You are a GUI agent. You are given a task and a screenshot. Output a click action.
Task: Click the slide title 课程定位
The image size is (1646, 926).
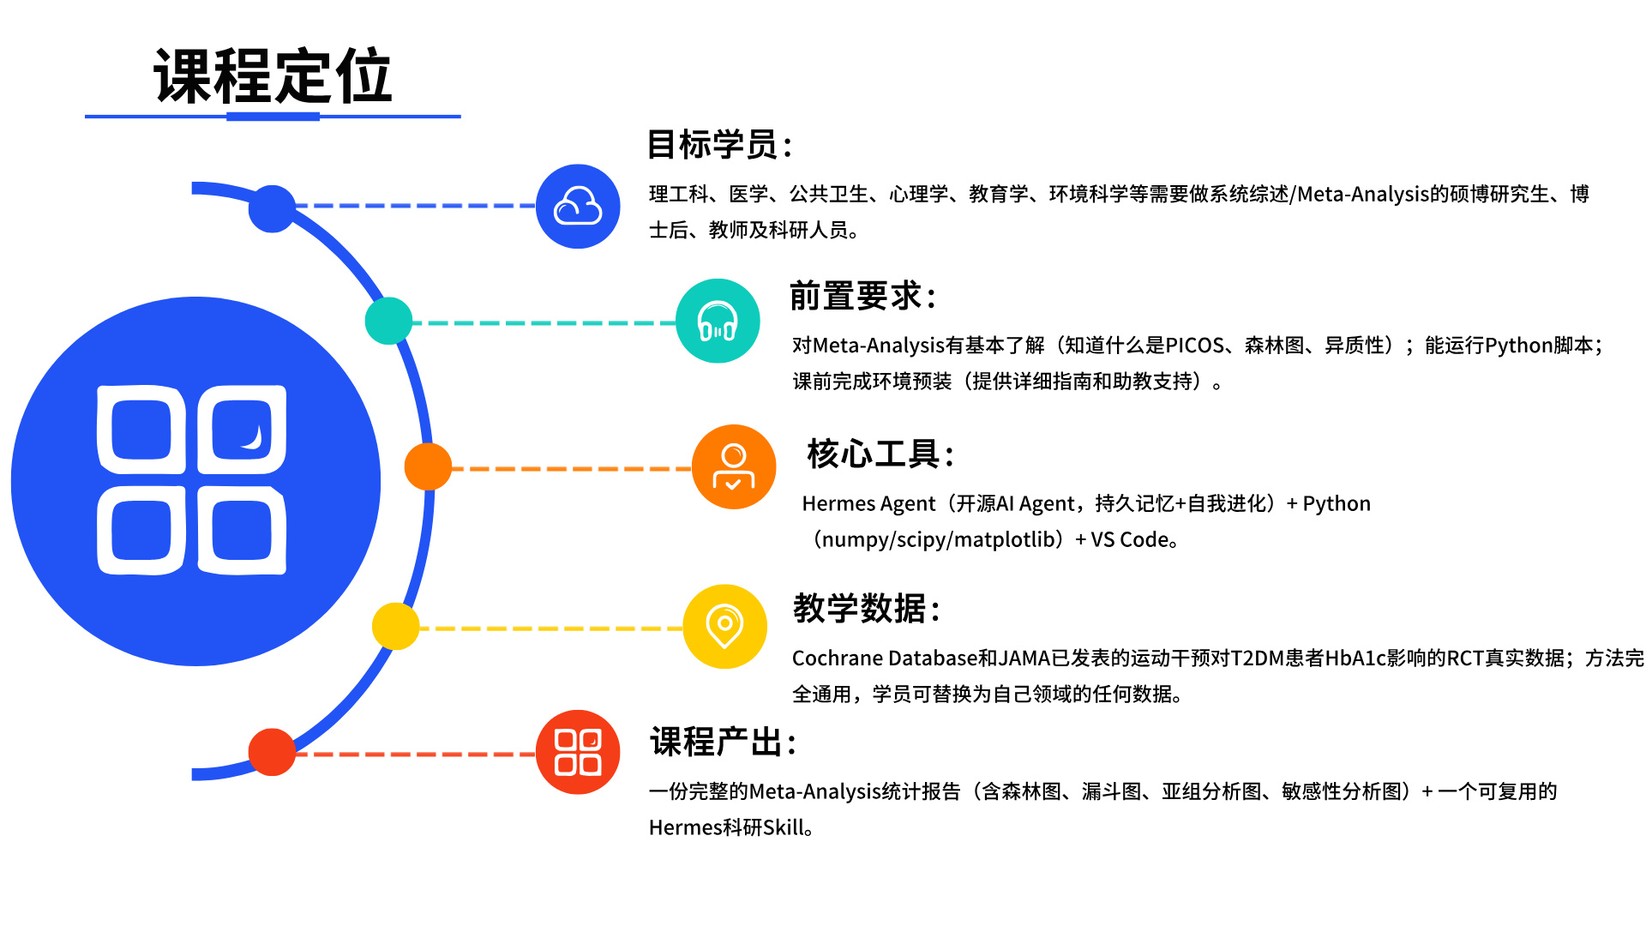click(x=273, y=76)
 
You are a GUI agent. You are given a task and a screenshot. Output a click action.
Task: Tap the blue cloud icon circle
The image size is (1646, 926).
click(x=578, y=207)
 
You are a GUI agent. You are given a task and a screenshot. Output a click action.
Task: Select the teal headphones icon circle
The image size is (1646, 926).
click(x=718, y=321)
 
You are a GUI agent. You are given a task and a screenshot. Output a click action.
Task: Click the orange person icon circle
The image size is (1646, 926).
click(x=734, y=467)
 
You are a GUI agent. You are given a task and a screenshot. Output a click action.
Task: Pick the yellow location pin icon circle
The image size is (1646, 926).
click(x=725, y=627)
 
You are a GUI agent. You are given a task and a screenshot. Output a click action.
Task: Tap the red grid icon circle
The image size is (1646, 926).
click(x=578, y=752)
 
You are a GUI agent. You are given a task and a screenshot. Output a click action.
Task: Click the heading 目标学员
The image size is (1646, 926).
click(x=719, y=144)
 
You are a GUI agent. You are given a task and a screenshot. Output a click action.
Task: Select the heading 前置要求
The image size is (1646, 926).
click(x=862, y=296)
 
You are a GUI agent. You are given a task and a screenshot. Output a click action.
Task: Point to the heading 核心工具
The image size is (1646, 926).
click(x=880, y=454)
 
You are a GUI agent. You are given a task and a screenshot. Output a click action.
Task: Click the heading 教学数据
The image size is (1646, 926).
click(x=867, y=608)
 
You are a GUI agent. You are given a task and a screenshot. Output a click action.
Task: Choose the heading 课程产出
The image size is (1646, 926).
click(x=724, y=742)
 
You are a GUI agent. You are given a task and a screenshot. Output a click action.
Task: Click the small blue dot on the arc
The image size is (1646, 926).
click(x=272, y=208)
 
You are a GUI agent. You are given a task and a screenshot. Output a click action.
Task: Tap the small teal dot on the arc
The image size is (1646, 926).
click(x=389, y=321)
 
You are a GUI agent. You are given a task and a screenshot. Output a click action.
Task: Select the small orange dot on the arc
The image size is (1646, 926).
click(x=428, y=467)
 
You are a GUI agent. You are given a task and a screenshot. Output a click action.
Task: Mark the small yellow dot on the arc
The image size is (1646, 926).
click(x=396, y=627)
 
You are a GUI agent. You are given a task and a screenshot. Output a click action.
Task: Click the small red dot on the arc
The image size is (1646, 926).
click(x=272, y=752)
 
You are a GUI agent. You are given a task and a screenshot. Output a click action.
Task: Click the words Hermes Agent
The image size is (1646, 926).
click(x=868, y=504)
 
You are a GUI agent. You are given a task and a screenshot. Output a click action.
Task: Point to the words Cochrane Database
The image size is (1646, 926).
click(x=885, y=658)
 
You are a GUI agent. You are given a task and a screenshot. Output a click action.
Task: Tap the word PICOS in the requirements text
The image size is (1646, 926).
click(x=1195, y=346)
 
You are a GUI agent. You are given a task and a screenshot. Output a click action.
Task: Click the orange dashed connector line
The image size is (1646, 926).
click(x=572, y=469)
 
